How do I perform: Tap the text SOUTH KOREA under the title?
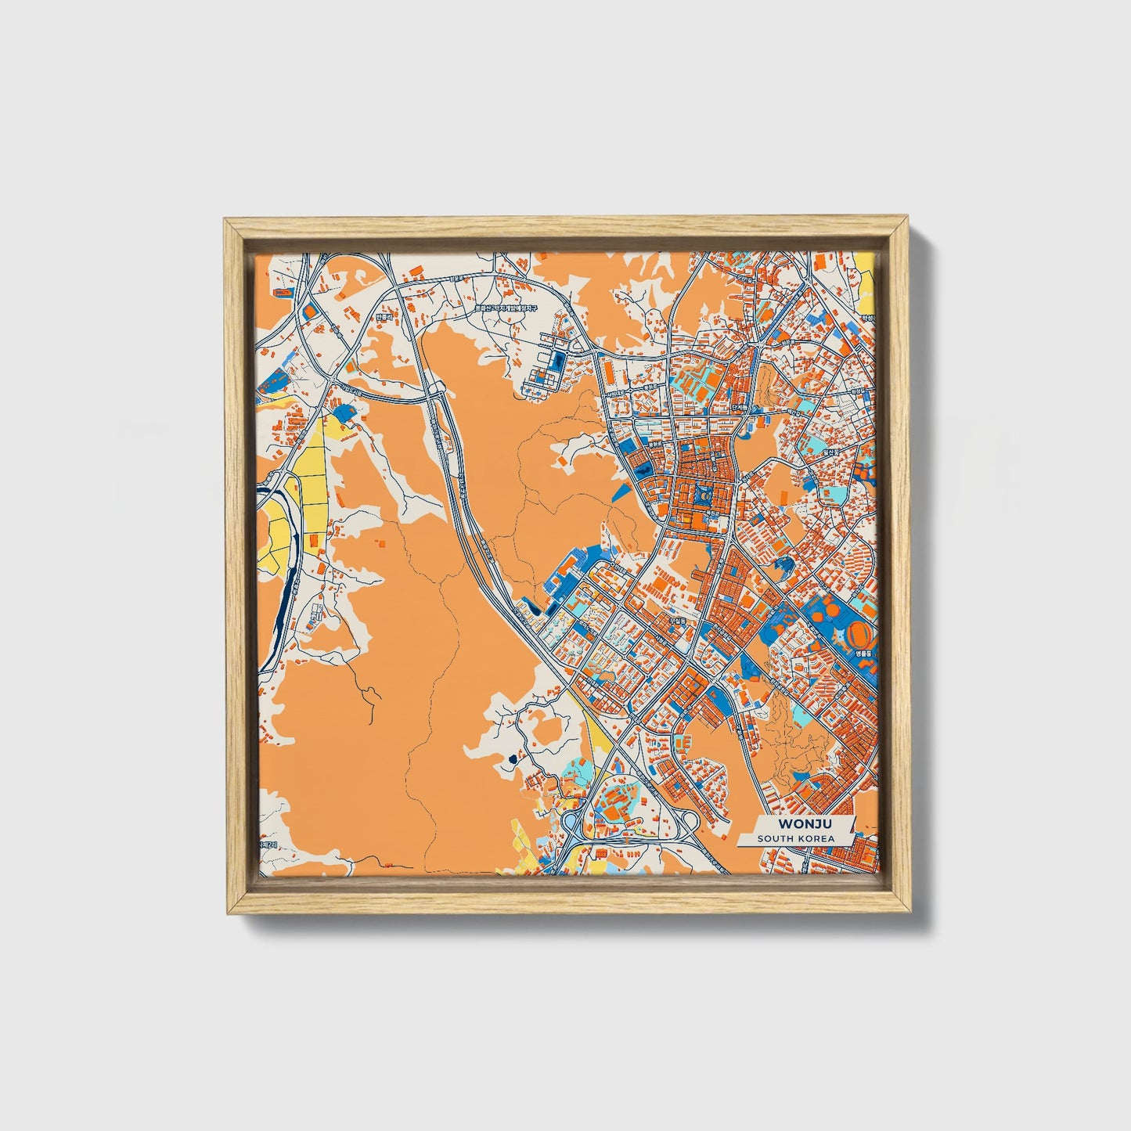795,838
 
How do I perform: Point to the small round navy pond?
513,758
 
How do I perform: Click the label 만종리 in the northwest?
383,318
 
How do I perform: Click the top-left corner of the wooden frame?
227,222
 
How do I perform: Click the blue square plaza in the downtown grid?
700,495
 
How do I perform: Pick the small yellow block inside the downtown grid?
686,518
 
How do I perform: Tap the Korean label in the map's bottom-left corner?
268,846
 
